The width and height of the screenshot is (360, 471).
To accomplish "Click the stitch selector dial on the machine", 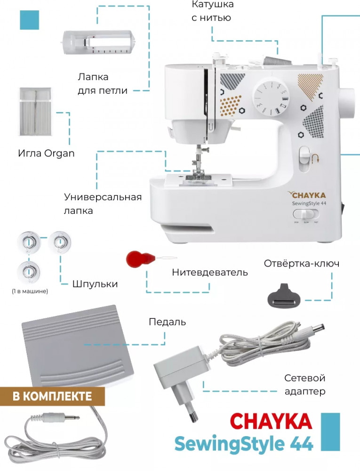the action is pyautogui.click(x=271, y=97).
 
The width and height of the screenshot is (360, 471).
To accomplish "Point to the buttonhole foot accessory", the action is pyautogui.click(x=99, y=43).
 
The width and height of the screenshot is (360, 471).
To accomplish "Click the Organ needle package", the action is pyautogui.click(x=35, y=112).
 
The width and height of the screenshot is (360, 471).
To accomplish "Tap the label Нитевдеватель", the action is pyautogui.click(x=210, y=272).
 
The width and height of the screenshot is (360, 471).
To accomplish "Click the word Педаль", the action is pyautogui.click(x=167, y=322).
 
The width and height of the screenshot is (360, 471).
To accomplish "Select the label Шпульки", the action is pyautogui.click(x=95, y=284).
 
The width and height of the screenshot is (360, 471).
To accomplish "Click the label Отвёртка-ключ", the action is pyautogui.click(x=302, y=263).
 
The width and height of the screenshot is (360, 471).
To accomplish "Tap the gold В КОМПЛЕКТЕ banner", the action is pyautogui.click(x=52, y=396).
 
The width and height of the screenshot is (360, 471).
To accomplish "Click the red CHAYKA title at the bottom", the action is pyautogui.click(x=271, y=421).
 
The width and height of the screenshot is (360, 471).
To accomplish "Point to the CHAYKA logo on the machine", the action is pyautogui.click(x=307, y=195).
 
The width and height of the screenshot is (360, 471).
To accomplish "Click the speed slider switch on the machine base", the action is pyautogui.click(x=306, y=214).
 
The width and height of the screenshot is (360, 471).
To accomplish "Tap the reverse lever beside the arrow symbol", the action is pyautogui.click(x=304, y=155).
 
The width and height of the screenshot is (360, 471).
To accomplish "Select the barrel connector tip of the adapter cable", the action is pyautogui.click(x=314, y=327).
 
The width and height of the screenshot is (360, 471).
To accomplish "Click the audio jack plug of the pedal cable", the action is pyautogui.click(x=62, y=417).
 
